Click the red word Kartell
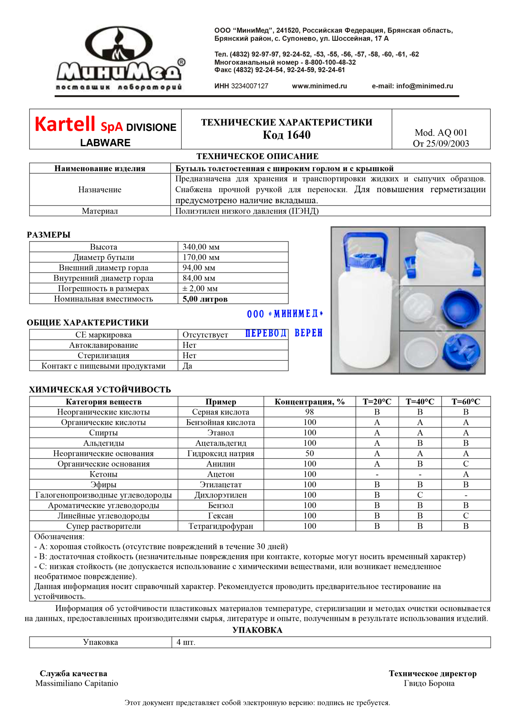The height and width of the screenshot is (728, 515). point(65,124)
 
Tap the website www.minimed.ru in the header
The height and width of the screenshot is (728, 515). point(319,86)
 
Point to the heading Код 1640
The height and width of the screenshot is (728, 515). point(286,135)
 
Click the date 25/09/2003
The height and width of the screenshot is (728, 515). point(448,144)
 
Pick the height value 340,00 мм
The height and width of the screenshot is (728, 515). point(201,247)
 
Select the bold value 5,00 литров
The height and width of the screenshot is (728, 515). point(205,299)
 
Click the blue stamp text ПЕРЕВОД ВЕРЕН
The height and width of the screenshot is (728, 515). point(284,333)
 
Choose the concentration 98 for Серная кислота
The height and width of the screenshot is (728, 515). point(309,412)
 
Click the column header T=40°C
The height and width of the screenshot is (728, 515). point(420,402)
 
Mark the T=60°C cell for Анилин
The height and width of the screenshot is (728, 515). point(466,464)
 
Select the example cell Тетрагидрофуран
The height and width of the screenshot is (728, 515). point(221,526)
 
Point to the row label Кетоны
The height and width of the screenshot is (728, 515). point(103,474)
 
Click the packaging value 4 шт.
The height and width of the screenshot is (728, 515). point(186,643)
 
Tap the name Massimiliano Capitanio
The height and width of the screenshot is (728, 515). point(76,683)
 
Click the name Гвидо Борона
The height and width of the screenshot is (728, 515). point(429,683)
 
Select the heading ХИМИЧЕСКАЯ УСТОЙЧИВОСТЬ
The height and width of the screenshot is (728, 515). point(100,390)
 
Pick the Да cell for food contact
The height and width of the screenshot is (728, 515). point(188,366)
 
